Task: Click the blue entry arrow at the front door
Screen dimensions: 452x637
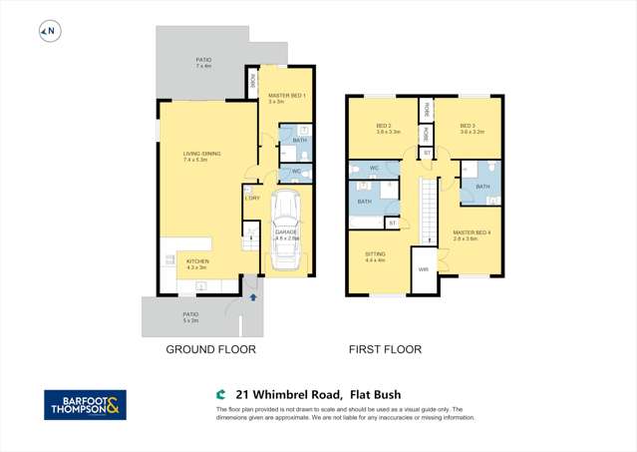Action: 253,296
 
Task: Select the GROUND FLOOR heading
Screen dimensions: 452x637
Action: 210,349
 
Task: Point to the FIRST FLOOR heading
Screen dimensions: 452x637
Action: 384,349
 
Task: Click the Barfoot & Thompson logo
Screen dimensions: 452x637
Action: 85,404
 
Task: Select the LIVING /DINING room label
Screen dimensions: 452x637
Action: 201,156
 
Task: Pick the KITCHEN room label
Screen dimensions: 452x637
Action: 196,264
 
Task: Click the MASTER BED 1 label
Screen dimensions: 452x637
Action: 286,98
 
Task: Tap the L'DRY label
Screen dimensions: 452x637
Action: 252,198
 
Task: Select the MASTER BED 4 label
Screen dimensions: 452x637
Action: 467,235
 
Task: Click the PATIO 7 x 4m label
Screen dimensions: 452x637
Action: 203,63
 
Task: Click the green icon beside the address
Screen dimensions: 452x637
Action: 220,394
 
